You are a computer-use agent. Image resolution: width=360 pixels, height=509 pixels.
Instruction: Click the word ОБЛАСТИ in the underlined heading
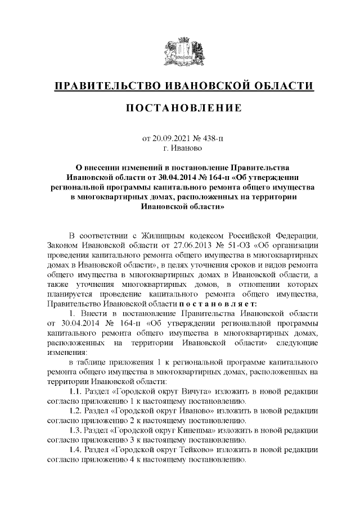click(x=281, y=85)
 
